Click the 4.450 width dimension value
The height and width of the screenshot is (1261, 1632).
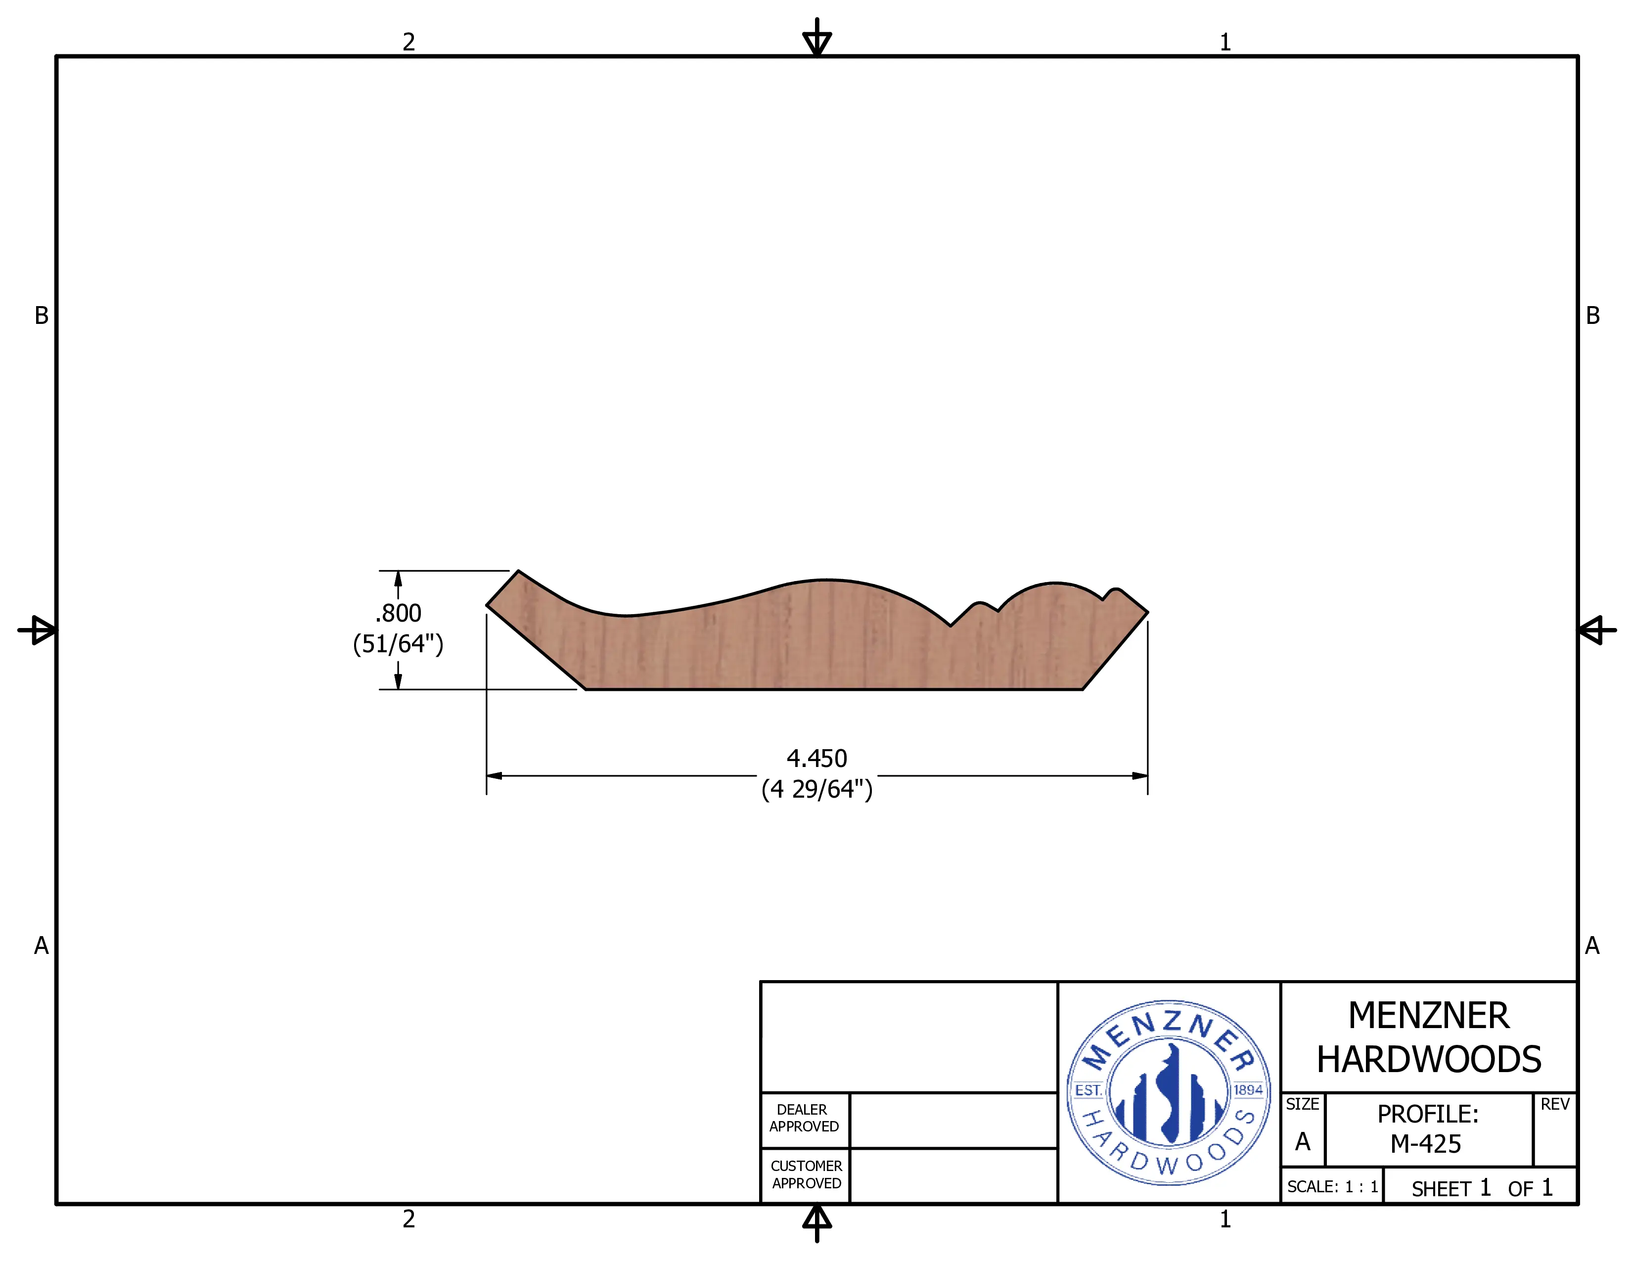(817, 759)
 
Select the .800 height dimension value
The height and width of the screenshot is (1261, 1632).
(398, 613)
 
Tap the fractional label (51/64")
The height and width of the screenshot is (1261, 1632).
(398, 644)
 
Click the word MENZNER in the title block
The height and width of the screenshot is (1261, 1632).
(1428, 1016)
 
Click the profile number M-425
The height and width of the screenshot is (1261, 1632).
(1426, 1144)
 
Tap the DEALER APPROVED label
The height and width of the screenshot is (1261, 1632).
(804, 1118)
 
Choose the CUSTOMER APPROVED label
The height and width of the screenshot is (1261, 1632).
(806, 1175)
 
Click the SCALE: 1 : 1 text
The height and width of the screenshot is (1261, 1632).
(1332, 1187)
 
